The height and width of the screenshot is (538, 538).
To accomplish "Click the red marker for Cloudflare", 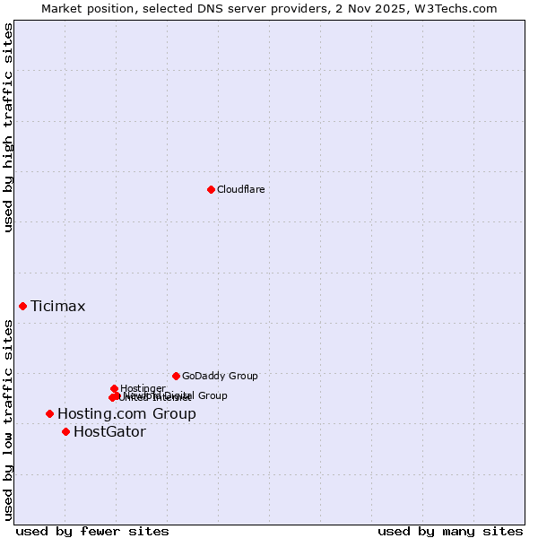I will (211, 189).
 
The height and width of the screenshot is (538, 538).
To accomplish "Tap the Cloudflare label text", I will (241, 189).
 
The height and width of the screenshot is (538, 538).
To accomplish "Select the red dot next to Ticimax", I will (22, 306).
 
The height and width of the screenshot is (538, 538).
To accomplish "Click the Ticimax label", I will (58, 307).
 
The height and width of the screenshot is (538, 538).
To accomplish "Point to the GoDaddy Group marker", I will (176, 376).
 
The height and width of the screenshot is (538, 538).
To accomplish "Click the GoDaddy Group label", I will (220, 376).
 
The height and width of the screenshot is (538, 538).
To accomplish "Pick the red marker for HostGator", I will (65, 431).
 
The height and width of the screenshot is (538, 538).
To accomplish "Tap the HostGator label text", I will (109, 432).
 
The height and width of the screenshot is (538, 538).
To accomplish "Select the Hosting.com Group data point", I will (49, 413).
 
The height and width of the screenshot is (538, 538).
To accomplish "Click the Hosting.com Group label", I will (126, 414).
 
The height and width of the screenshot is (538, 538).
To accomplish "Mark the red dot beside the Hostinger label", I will (114, 388).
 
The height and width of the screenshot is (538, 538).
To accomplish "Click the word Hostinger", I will (143, 388).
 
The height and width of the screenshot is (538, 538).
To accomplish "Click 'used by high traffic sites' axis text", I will (9, 128).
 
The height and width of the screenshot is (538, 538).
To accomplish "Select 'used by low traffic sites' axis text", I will (9, 420).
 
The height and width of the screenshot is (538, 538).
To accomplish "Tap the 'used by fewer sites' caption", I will (92, 532).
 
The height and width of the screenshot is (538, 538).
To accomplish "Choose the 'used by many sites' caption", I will (450, 532).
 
